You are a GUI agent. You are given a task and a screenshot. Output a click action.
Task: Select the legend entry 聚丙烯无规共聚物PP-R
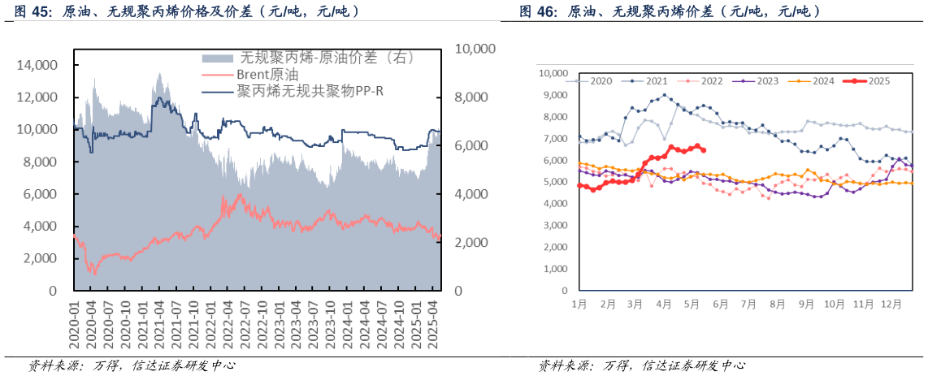[310, 90]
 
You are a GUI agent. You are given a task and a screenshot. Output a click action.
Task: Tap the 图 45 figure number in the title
[32, 11]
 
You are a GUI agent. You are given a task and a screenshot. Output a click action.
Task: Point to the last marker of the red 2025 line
[703, 150]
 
